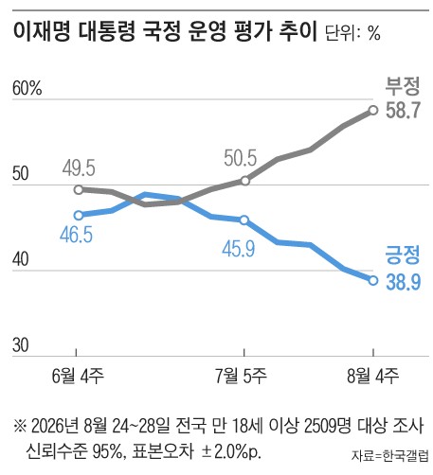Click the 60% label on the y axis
27,88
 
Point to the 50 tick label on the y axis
21,173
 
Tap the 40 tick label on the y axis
21,259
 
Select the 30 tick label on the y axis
21,345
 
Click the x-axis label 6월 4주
78,376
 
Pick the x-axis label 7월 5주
241,376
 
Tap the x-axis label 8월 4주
373,376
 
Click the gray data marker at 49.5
79,190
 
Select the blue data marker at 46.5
79,216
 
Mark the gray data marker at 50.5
245,181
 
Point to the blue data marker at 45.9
244,220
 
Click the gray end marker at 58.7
373,110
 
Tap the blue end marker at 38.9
373,280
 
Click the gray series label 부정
403,86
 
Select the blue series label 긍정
403,255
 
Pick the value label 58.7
404,110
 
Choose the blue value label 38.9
404,281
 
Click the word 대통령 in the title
107,31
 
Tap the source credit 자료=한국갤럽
390,455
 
